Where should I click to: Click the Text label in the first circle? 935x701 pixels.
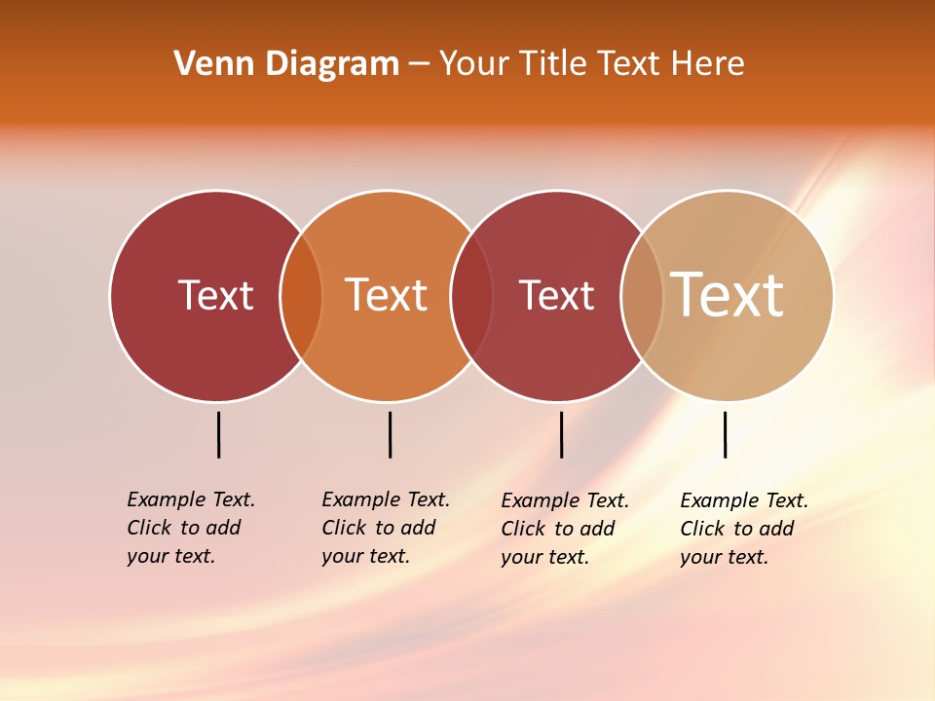(x=215, y=295)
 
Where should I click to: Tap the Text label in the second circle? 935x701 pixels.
(x=387, y=295)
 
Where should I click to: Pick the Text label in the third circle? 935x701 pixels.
(x=556, y=295)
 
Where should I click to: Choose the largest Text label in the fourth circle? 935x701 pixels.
(x=727, y=295)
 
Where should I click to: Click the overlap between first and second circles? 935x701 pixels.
(x=301, y=295)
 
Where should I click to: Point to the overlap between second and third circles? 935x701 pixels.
(x=471, y=295)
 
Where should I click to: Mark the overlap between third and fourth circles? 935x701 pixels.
(x=642, y=295)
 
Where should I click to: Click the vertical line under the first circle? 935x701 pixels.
(x=218, y=434)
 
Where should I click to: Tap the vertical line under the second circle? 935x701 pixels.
(x=390, y=434)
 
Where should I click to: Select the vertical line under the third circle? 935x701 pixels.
(x=561, y=434)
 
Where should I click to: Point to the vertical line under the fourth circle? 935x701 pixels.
(x=725, y=434)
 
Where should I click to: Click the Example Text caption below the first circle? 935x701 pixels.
(x=191, y=528)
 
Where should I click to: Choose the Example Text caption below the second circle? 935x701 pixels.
(x=386, y=528)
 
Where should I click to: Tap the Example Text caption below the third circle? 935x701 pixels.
(x=565, y=529)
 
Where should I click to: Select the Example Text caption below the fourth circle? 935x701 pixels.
(x=744, y=529)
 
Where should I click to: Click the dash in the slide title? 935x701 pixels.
(x=419, y=64)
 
